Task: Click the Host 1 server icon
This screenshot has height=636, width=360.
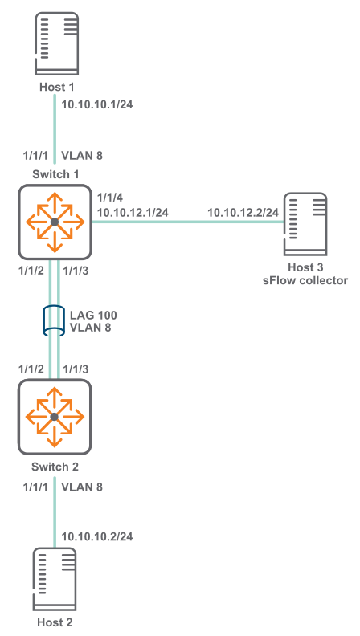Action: (x=56, y=44)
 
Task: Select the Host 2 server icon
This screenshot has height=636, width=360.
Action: (x=55, y=579)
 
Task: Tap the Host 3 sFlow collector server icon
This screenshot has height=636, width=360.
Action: (x=305, y=224)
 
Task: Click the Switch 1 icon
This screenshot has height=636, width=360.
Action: (x=55, y=222)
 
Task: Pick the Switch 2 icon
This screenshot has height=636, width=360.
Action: (x=55, y=417)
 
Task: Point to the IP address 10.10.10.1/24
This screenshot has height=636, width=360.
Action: (x=97, y=104)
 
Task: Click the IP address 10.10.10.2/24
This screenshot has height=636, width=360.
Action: (x=97, y=536)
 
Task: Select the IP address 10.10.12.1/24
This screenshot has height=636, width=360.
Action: (x=133, y=212)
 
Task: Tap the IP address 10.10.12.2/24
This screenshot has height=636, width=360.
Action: (x=243, y=212)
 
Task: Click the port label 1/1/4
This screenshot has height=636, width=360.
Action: (x=110, y=198)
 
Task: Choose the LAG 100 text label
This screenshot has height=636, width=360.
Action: (x=93, y=315)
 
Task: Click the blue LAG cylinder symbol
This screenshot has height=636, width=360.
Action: (x=54, y=320)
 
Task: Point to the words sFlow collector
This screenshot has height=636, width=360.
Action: (x=305, y=280)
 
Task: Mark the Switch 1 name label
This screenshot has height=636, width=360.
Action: (x=55, y=174)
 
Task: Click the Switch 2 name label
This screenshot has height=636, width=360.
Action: (x=55, y=467)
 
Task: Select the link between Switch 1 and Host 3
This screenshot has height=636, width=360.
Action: (x=187, y=222)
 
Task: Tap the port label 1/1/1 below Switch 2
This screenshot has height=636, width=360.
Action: (x=35, y=487)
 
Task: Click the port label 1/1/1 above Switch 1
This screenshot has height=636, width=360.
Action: (x=35, y=155)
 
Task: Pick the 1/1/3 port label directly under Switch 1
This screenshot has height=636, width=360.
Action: (x=76, y=271)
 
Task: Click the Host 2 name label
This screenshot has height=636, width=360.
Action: (x=55, y=622)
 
